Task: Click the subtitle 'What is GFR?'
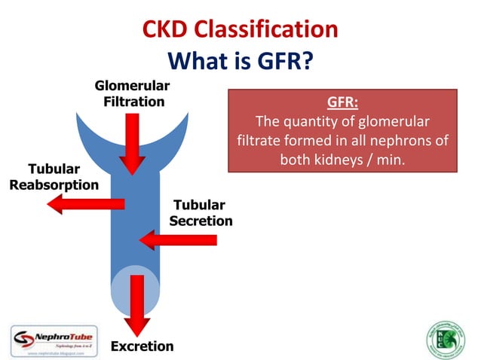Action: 240,59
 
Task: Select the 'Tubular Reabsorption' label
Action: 54,176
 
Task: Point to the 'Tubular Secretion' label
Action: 201,212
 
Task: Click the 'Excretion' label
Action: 142,346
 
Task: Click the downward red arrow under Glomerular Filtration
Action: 133,143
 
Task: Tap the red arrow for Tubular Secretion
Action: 179,240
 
